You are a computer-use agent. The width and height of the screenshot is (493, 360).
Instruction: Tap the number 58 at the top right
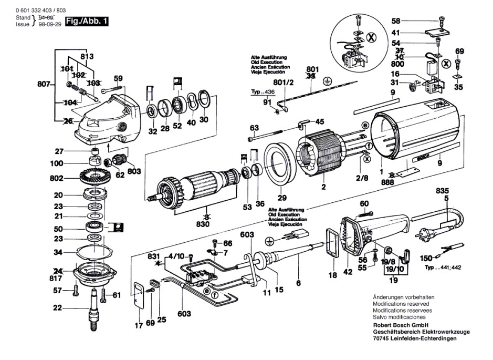pos(395,21)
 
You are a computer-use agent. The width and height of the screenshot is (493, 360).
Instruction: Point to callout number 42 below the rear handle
pos(348,272)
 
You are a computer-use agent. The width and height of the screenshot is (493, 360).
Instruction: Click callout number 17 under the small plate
pos(138,326)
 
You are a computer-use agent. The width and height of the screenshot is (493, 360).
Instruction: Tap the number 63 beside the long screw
pos(254,128)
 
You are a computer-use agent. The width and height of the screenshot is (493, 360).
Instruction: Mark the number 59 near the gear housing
pos(118,79)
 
